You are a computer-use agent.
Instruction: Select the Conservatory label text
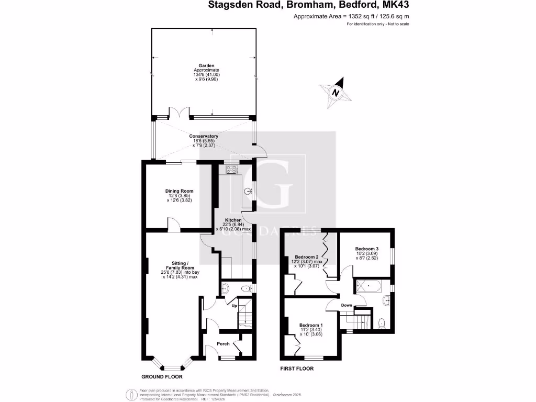(204, 136)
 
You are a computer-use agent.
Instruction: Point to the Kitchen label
(233, 220)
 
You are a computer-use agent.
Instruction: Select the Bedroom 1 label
(311, 326)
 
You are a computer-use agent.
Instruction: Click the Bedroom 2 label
(307, 257)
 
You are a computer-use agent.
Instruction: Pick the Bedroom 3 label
(366, 248)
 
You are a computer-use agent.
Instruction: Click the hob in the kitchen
(231, 169)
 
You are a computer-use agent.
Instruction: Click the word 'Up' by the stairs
(234, 305)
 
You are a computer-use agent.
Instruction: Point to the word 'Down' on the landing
(347, 305)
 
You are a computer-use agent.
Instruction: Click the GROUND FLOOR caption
(163, 376)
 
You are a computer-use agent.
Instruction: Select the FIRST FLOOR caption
(297, 368)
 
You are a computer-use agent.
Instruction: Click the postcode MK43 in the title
(397, 6)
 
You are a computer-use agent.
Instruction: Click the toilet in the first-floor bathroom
(382, 322)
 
